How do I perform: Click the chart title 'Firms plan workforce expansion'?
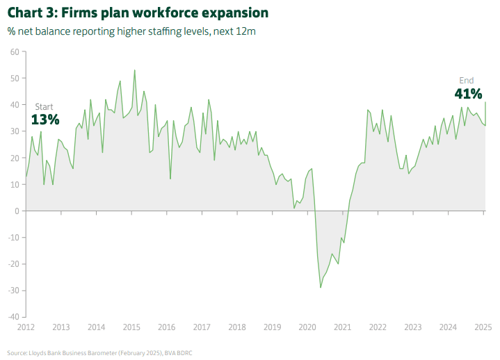tap(137, 13)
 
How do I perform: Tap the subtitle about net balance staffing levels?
tap(131, 32)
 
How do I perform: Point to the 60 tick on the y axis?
tap(14, 51)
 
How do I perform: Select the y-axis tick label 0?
tap(16, 211)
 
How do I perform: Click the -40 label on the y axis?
tap(12, 317)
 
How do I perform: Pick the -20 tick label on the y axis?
tap(12, 264)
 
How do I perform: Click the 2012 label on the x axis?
tap(26, 327)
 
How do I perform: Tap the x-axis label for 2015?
tap(131, 327)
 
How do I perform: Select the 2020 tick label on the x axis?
tap(307, 327)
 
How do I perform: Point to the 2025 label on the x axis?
tap(483, 327)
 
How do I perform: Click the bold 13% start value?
tap(45, 120)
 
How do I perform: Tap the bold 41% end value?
tap(468, 94)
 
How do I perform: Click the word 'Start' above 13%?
tap(44, 106)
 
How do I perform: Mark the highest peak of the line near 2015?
tap(134, 70)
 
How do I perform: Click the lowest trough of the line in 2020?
tap(321, 287)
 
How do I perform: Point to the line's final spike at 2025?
tap(485, 102)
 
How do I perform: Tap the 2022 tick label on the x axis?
tap(378, 327)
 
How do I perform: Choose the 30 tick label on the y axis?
tap(14, 131)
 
